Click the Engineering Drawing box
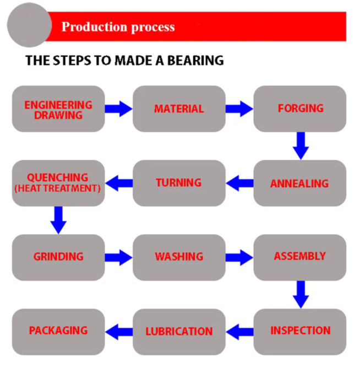[x=58, y=109]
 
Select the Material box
[x=179, y=109]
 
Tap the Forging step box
[x=300, y=109]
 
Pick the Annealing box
[x=300, y=183]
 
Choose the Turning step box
[x=179, y=183]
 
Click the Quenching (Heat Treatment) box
[x=58, y=183]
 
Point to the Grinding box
[x=58, y=257]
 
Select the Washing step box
[x=179, y=257]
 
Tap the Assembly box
[x=300, y=257]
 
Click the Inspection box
[x=300, y=332]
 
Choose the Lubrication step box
[x=179, y=332]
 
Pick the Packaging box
[x=58, y=332]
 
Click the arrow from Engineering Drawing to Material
[x=119, y=109]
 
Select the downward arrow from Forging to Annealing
[x=301, y=146]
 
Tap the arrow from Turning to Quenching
[x=119, y=183]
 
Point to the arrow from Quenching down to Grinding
[x=58, y=220]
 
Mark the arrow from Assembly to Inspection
[x=301, y=295]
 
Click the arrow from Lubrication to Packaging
[x=119, y=332]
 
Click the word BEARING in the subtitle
[x=195, y=60]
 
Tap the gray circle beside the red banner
[x=29, y=25]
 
